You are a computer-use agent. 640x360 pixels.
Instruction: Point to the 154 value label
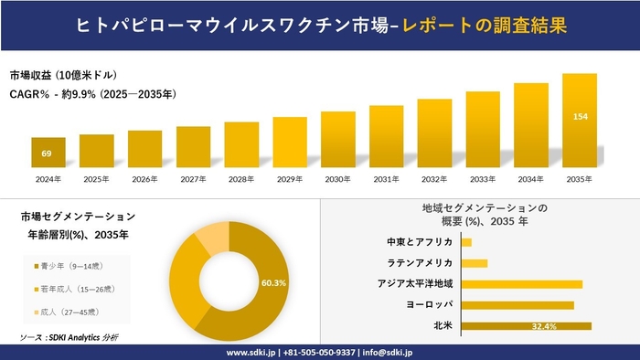pyautogui.click(x=580, y=117)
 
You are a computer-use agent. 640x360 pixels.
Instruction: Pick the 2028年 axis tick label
pyautogui.click(x=241, y=178)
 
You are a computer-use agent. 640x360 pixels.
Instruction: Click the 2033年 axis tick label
pyautogui.click(x=483, y=178)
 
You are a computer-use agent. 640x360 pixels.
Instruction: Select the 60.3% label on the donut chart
pyautogui.click(x=273, y=283)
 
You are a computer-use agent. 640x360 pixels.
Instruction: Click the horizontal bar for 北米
pyautogui.click(x=526, y=325)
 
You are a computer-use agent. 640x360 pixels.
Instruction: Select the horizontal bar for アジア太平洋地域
pyautogui.click(x=521, y=284)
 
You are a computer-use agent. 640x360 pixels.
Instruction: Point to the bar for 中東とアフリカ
pyautogui.click(x=466, y=242)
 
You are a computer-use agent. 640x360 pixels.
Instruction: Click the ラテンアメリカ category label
pyautogui.click(x=420, y=263)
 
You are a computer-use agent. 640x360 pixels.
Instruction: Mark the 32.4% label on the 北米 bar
pyautogui.click(x=545, y=326)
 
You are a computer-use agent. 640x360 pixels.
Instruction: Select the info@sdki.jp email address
pyautogui.click(x=388, y=352)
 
